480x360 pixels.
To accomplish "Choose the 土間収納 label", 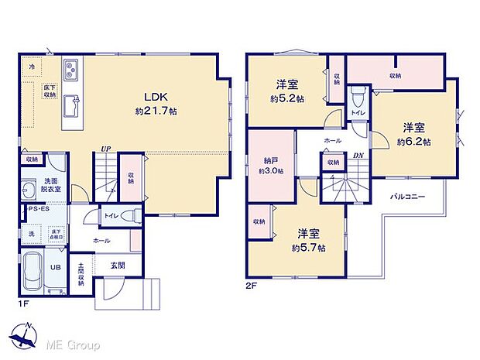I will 81,274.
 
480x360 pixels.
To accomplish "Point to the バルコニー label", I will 407,197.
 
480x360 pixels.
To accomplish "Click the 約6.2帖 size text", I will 413,142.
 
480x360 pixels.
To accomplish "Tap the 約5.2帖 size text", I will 287,98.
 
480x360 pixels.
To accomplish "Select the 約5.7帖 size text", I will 309,247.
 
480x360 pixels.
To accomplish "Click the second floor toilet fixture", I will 357,98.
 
